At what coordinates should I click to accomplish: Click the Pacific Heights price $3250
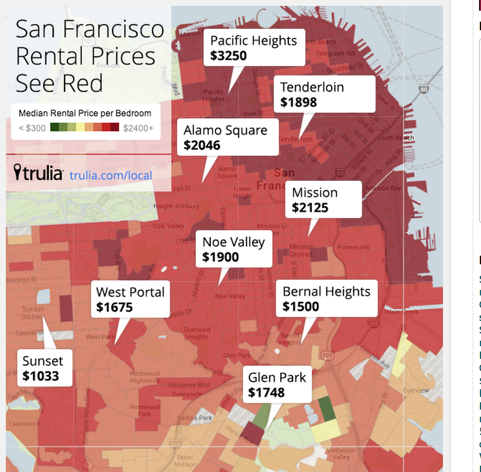(228, 56)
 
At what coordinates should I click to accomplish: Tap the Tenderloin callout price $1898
(299, 102)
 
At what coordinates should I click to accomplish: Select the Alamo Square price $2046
(202, 145)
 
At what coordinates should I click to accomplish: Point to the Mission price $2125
(310, 208)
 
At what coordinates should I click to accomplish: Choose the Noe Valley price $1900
(220, 257)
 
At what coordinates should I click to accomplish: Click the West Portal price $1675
(114, 307)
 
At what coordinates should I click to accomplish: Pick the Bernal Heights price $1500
(301, 307)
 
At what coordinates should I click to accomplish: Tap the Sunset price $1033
(40, 376)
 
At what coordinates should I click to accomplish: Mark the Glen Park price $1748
(266, 393)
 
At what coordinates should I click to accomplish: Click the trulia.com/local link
(111, 176)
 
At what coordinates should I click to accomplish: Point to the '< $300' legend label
(32, 128)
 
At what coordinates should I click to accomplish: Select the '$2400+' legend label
(138, 128)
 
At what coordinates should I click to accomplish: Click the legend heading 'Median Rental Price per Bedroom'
(85, 114)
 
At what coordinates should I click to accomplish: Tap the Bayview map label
(416, 391)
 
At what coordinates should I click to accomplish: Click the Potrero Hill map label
(354, 247)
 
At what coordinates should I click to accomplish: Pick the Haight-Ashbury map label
(176, 206)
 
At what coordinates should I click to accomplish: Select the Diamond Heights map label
(197, 334)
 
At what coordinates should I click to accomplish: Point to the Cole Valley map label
(168, 226)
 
